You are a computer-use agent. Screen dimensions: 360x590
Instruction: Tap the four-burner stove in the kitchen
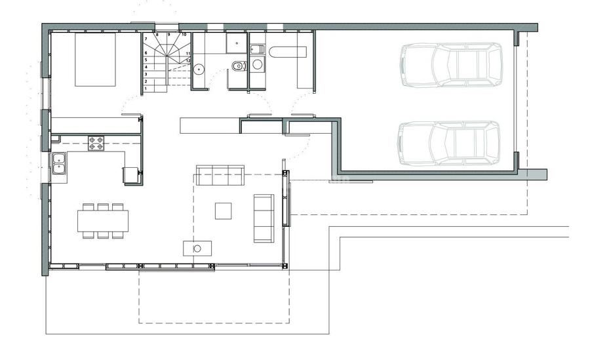(x=96, y=143)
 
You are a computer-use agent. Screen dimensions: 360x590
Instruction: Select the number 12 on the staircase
(x=188, y=60)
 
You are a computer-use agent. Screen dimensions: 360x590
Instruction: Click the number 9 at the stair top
(x=169, y=34)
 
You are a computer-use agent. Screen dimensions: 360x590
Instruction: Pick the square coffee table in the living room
(x=223, y=210)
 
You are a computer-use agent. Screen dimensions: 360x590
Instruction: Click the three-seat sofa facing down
(x=220, y=174)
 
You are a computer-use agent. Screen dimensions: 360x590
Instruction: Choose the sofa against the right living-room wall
(x=264, y=218)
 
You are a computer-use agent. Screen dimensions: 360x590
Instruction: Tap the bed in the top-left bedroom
(x=95, y=59)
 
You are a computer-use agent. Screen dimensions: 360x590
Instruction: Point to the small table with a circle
(x=197, y=248)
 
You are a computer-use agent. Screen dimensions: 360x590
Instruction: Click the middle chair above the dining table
(x=103, y=207)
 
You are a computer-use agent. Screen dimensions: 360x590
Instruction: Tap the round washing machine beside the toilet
(x=256, y=64)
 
